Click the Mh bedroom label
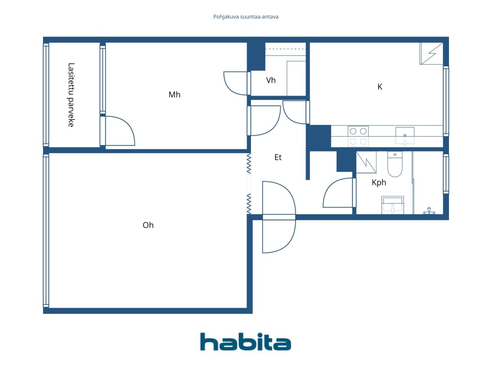tap(174, 95)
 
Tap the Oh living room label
tap(148, 225)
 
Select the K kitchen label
tap(379, 87)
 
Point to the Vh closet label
tap(271, 80)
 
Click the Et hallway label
tap(278, 157)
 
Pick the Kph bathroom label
tap(379, 182)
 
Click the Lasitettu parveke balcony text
tap(71, 95)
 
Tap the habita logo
tap(246, 341)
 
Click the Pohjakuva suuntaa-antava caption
tap(246, 17)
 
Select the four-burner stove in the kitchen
tap(358, 136)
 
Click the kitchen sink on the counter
tap(405, 136)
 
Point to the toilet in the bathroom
tap(395, 164)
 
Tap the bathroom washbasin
tap(392, 205)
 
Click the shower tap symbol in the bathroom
tap(429, 211)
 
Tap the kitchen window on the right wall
tap(446, 101)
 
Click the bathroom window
tap(446, 174)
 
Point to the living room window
tap(46, 231)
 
